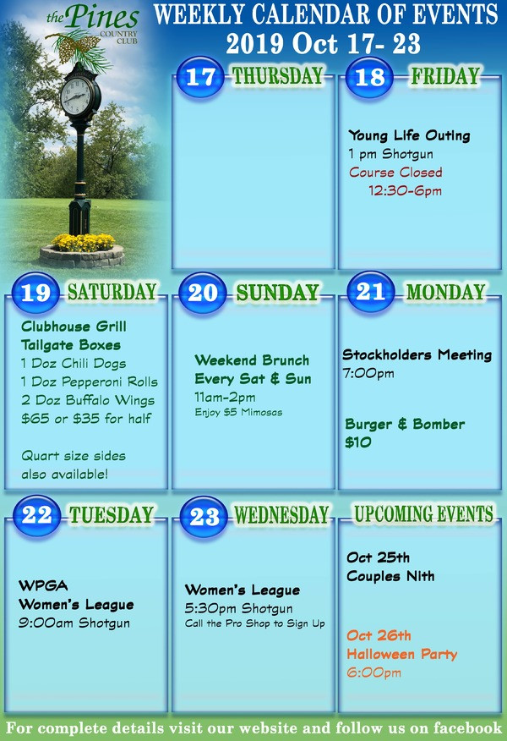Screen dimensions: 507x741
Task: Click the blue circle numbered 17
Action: point(200,77)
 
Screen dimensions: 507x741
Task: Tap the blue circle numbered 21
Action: point(371,292)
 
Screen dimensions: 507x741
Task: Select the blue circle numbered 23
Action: point(204,517)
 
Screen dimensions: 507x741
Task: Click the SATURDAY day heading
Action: point(112,292)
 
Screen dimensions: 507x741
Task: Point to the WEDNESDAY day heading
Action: point(281,514)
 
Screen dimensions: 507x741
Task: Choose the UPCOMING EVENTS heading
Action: point(424,513)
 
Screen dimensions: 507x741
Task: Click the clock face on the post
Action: point(76,96)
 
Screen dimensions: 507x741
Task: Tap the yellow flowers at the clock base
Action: point(83,243)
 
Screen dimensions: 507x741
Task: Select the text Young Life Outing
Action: point(409,135)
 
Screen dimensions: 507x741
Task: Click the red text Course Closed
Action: point(395,172)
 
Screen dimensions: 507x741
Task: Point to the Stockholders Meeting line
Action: point(417,354)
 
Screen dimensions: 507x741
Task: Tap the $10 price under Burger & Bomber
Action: point(357,442)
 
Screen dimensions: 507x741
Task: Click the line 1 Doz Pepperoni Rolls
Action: point(90,381)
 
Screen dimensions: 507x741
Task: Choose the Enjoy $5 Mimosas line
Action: point(238,412)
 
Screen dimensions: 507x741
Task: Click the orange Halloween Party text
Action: point(401,654)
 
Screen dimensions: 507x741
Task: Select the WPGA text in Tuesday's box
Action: point(43,585)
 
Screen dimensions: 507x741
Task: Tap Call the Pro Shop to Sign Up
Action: point(255,623)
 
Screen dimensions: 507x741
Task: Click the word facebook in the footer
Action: point(467,727)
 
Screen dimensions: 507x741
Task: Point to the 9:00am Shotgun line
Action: point(74,623)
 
